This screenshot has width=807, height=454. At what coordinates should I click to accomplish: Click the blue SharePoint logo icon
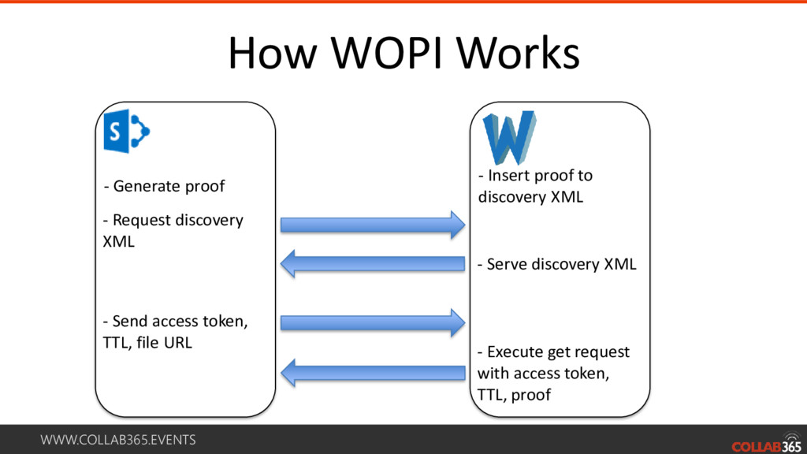pos(126,132)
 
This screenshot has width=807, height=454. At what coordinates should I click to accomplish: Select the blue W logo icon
pos(510,137)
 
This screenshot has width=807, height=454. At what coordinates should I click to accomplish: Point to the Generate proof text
pos(165,187)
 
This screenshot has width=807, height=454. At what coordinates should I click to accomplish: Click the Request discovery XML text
pos(173,230)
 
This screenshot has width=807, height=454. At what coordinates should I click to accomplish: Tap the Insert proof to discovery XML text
pos(535,186)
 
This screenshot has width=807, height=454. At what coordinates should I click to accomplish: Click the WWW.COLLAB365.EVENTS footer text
pos(118,440)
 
